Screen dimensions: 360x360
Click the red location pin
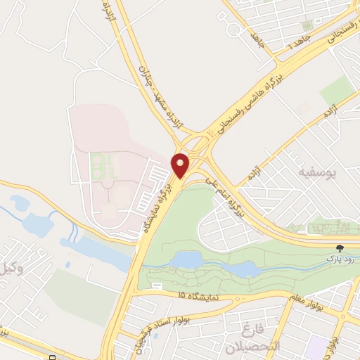click(181, 165)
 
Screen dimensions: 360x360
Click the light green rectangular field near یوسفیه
click(337, 90)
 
